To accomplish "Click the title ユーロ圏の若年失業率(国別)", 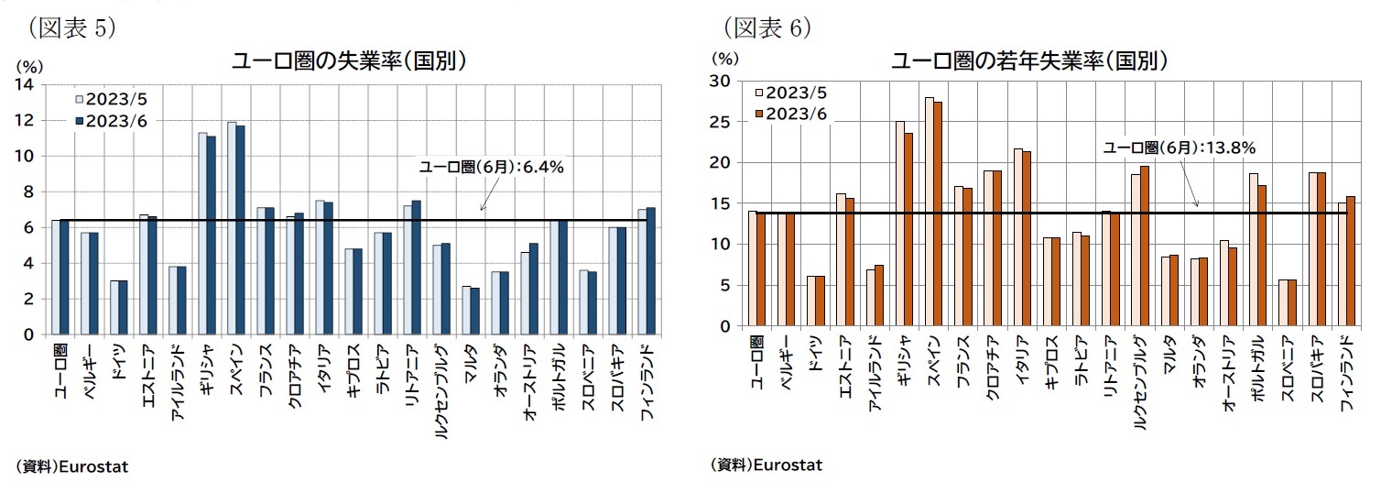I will tap(1030, 61).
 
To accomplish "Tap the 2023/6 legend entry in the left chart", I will tap(111, 120).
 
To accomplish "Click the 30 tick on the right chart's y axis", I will tap(723, 82).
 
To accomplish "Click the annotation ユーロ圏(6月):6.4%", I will tap(491, 167).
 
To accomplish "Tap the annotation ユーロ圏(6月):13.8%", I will tap(1178, 147).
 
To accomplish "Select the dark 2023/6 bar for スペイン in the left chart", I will tap(241, 230).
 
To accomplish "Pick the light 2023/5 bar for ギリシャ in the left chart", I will tap(202, 234).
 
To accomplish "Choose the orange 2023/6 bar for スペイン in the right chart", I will tap(937, 214).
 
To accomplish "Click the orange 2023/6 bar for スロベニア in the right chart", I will tap(1291, 302).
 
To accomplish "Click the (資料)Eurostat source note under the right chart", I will tap(767, 465).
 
